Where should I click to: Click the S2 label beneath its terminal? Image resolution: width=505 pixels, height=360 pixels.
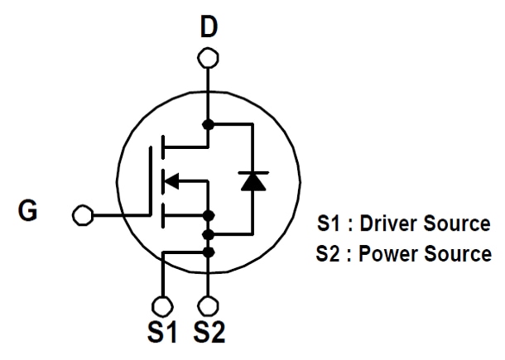[x=209, y=334]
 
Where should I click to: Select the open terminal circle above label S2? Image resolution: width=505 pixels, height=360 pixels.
[x=209, y=304]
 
